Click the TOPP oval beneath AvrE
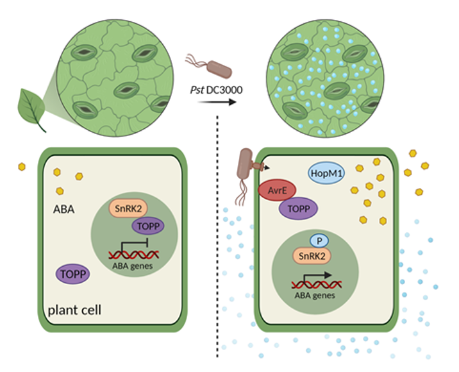pos(297,208)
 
